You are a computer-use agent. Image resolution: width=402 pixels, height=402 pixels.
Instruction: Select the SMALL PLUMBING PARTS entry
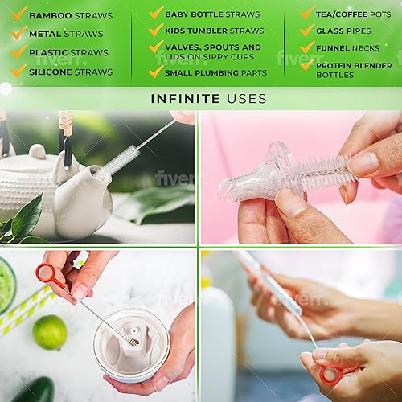[x=213, y=72]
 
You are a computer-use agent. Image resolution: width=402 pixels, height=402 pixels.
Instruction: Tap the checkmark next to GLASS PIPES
[x=307, y=30]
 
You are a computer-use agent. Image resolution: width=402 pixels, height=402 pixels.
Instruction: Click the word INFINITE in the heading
[x=180, y=99]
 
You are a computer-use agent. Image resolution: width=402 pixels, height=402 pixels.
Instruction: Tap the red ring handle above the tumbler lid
[x=49, y=276]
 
